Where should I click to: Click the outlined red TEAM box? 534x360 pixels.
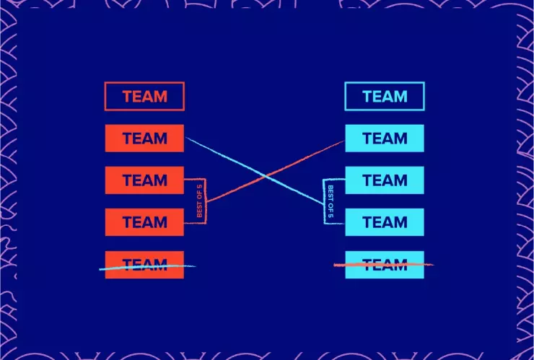pyautogui.click(x=144, y=96)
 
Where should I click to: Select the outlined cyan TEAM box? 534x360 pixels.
pyautogui.click(x=385, y=96)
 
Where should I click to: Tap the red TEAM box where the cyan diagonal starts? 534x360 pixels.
pyautogui.click(x=144, y=138)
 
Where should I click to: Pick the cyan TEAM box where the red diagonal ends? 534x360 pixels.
pyautogui.click(x=385, y=138)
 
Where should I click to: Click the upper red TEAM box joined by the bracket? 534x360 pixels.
pyautogui.click(x=144, y=180)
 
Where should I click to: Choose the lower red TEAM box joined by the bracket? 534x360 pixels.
pyautogui.click(x=144, y=221)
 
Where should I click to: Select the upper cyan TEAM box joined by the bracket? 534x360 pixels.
pyautogui.click(x=385, y=180)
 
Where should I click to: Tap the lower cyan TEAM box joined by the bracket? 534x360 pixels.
pyautogui.click(x=385, y=221)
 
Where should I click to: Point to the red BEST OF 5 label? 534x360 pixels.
pyautogui.click(x=200, y=201)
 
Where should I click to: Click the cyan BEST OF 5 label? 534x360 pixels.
pyautogui.click(x=331, y=201)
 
